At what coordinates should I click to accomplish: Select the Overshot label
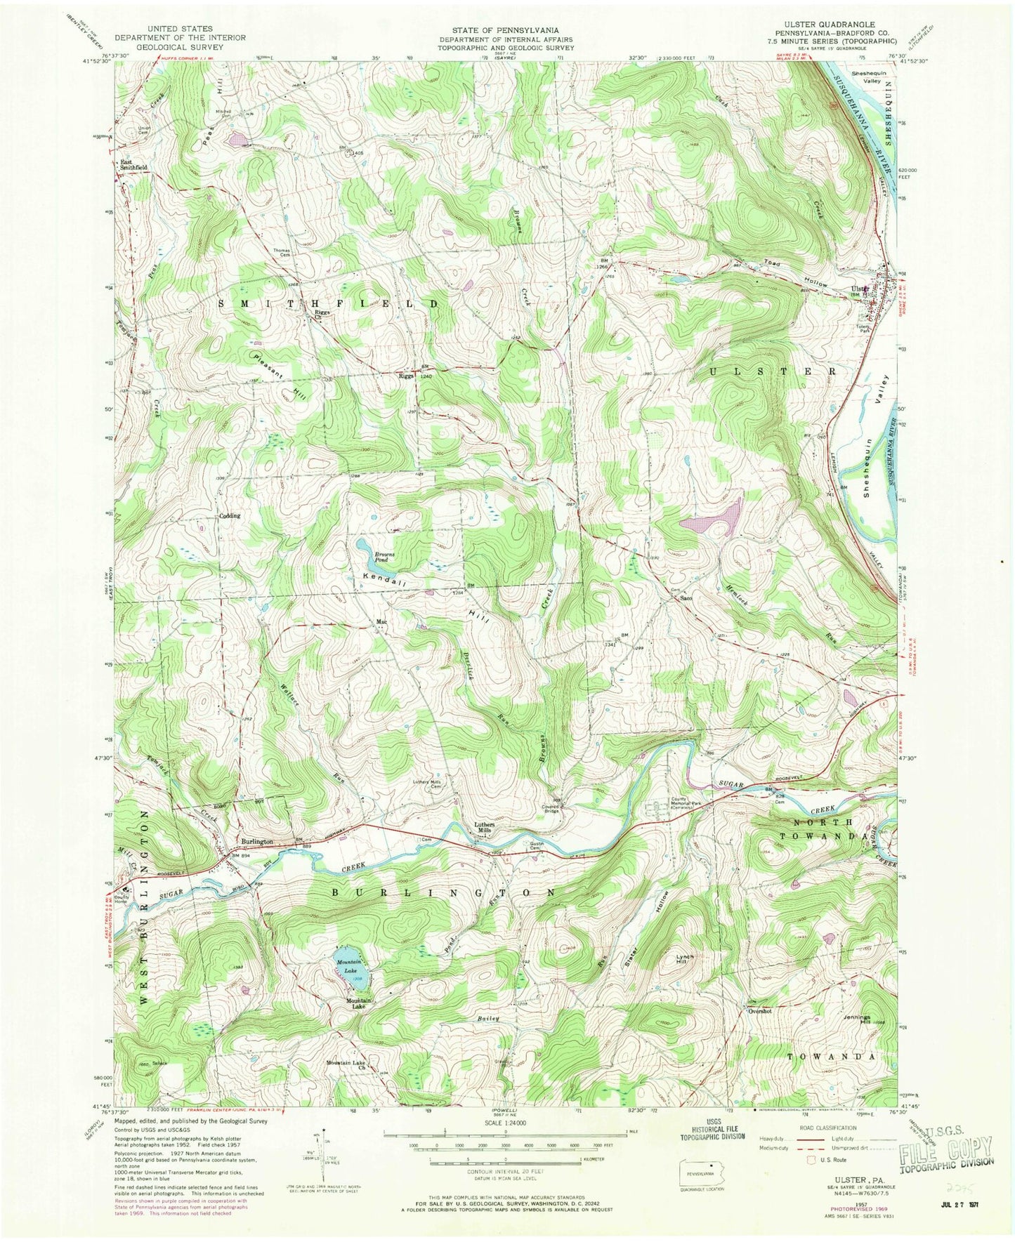pos(760,1011)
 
